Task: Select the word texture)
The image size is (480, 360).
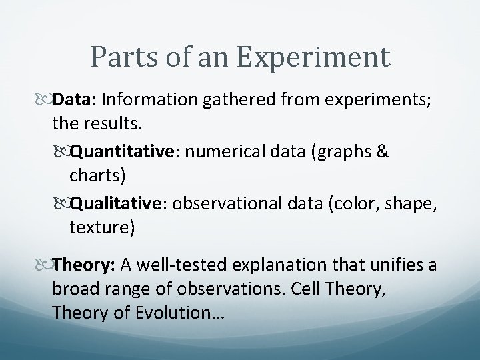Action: click(101, 229)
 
